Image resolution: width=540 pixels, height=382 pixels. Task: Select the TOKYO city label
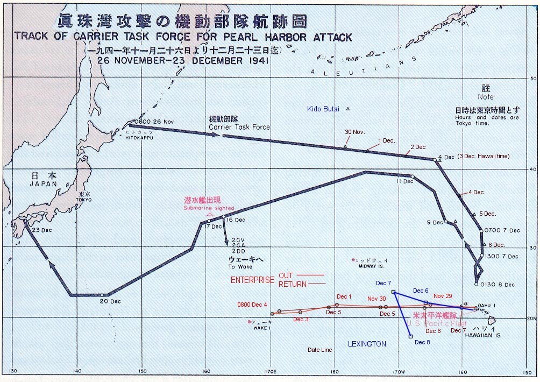84,200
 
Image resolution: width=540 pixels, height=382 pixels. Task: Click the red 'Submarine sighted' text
209,208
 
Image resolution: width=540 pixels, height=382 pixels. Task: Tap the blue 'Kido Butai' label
323,109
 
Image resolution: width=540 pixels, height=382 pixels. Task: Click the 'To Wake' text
239,267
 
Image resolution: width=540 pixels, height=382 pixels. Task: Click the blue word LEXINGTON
367,344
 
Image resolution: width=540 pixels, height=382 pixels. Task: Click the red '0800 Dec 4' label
252,305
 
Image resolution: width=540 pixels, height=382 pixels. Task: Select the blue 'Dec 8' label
421,342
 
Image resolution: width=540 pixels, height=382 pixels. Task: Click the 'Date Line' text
319,350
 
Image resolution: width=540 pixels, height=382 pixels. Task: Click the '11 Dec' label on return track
405,181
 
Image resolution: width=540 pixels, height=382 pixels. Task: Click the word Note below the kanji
486,97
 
